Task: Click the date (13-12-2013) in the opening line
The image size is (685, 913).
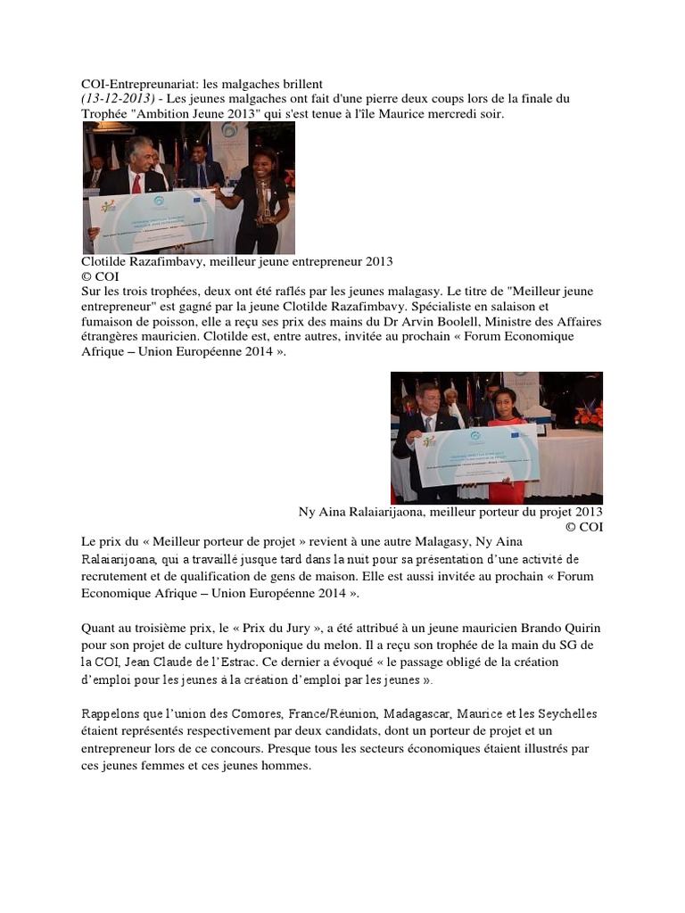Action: (x=114, y=97)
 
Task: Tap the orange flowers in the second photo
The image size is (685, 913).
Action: (x=590, y=415)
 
